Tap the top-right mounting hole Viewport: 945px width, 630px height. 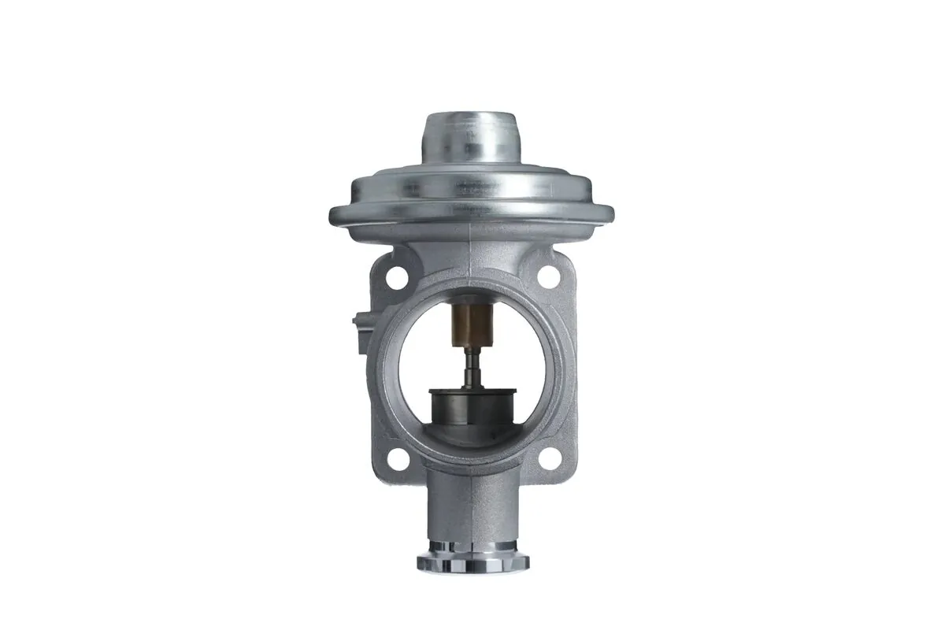pos(547,275)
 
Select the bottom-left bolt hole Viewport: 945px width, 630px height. pos(399,459)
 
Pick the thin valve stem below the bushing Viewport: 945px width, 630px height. pos(472,366)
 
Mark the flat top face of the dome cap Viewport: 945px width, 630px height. pos(471,118)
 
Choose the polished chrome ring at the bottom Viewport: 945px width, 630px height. pos(472,561)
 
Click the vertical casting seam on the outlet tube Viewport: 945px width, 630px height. pos(472,512)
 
